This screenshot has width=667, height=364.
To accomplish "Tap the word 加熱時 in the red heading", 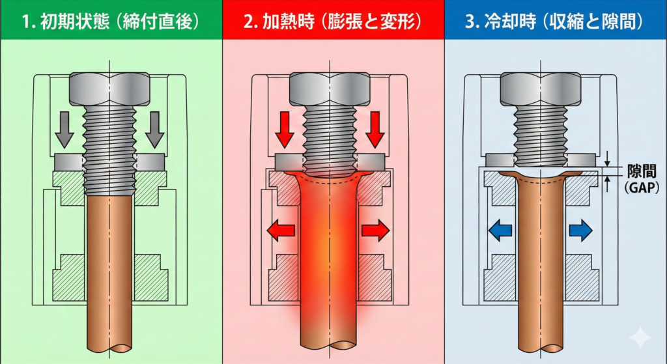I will pos(285,20).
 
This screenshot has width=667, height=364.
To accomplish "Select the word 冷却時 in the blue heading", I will pos(506,20).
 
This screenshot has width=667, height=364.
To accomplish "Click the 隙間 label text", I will pos(635,167).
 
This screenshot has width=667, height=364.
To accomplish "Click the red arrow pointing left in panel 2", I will pos(281,230).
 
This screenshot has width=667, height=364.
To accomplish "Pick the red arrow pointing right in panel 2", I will pos(376,230).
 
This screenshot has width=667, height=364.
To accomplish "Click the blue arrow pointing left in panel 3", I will pos(499,230).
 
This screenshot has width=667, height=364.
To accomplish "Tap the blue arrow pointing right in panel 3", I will pos(580,230).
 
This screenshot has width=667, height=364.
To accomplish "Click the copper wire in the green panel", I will pos(110,273).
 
